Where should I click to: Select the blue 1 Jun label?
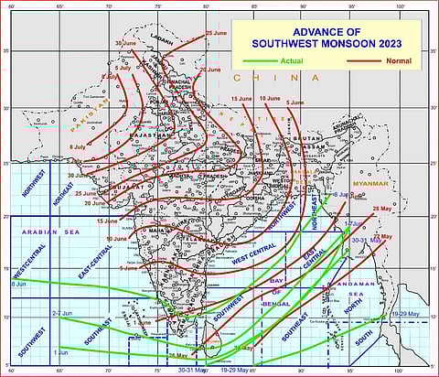pos(60,351)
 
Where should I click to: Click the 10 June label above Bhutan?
pos(270,98)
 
